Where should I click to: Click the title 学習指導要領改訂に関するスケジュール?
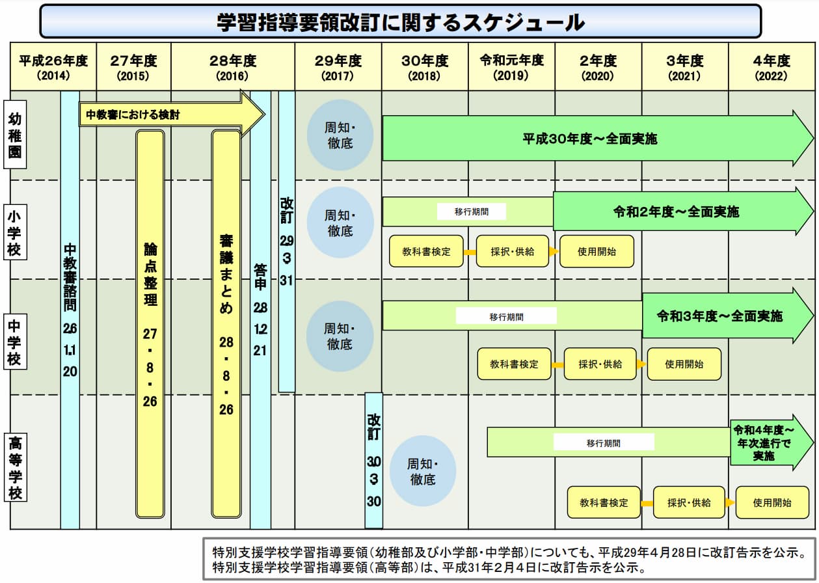(x=400, y=22)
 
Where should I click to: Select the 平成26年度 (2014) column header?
(x=53, y=67)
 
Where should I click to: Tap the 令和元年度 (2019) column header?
(x=511, y=67)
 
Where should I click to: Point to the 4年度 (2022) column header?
(x=772, y=67)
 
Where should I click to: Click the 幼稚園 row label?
(x=15, y=135)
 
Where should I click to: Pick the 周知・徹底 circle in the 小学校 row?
(x=339, y=222)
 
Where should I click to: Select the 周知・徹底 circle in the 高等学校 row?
(x=422, y=472)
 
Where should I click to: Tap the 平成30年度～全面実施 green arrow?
(x=589, y=139)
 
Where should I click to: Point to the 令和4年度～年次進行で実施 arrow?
(x=764, y=443)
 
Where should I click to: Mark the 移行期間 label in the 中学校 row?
(x=506, y=317)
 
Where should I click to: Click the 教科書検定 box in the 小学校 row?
(x=426, y=252)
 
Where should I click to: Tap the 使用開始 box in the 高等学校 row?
(x=772, y=503)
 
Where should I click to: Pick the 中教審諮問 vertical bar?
(x=70, y=309)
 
